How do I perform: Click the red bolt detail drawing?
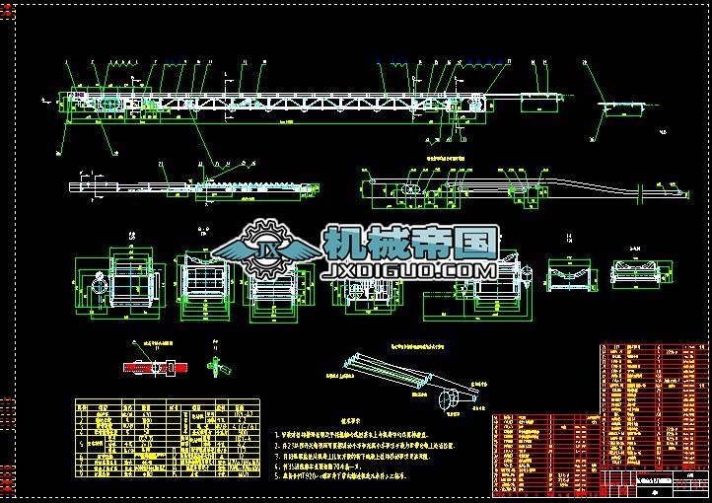tap(152, 366)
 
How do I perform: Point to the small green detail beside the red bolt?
tap(218, 367)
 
